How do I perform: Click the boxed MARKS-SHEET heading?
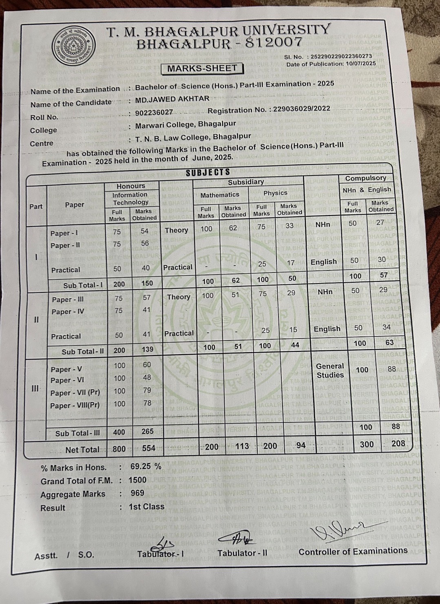pos(202,68)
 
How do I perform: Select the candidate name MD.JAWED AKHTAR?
pos(172,99)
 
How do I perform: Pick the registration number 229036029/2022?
pos(301,109)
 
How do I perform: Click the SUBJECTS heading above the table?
pos(208,172)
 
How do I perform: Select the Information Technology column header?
pos(130,198)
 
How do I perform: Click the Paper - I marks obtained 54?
pos(144,231)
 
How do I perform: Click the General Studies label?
pos(330,371)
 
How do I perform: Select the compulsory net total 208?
pos(398,444)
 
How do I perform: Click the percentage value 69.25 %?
pos(146,466)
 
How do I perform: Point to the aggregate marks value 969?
pos(137,493)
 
